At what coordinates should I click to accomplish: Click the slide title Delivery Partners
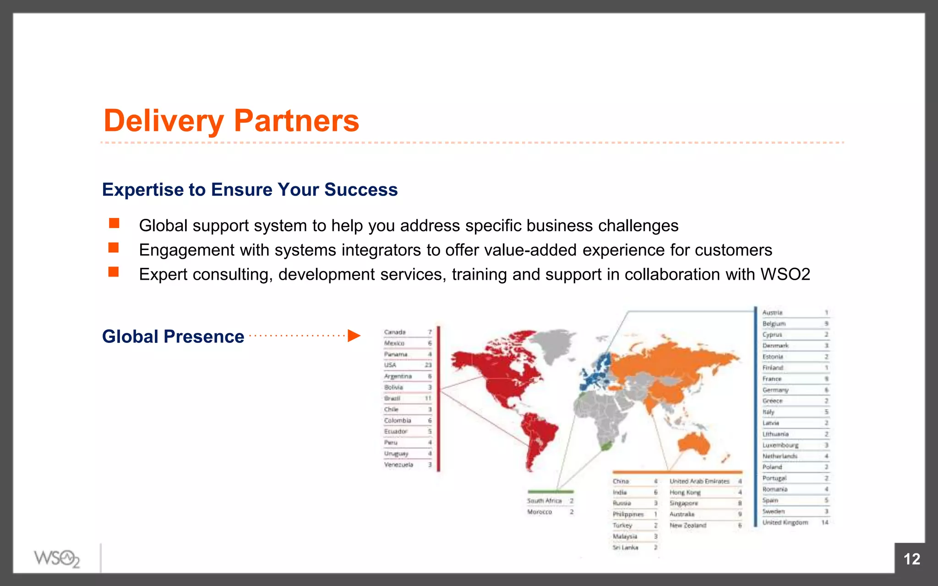(231, 121)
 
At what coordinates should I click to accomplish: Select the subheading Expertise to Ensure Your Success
(250, 190)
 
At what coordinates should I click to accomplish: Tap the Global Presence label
(173, 336)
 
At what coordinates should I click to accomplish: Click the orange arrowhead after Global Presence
(354, 336)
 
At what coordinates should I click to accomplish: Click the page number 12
(911, 559)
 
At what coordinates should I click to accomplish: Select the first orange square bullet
(114, 223)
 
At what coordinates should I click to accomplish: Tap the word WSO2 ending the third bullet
(785, 274)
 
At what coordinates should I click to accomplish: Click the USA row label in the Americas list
(390, 365)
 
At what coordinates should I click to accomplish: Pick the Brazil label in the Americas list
(392, 398)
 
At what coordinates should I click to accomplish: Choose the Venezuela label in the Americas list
(398, 465)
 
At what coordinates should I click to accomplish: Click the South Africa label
(544, 501)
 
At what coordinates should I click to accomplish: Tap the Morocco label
(540, 512)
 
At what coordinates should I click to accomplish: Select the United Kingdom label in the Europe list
(785, 522)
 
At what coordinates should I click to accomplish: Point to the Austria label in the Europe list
(773, 313)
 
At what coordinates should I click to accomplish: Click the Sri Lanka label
(626, 548)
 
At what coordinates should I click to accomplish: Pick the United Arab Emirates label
(699, 481)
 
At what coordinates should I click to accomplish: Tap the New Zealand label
(688, 526)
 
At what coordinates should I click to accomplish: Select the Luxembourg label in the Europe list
(780, 445)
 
